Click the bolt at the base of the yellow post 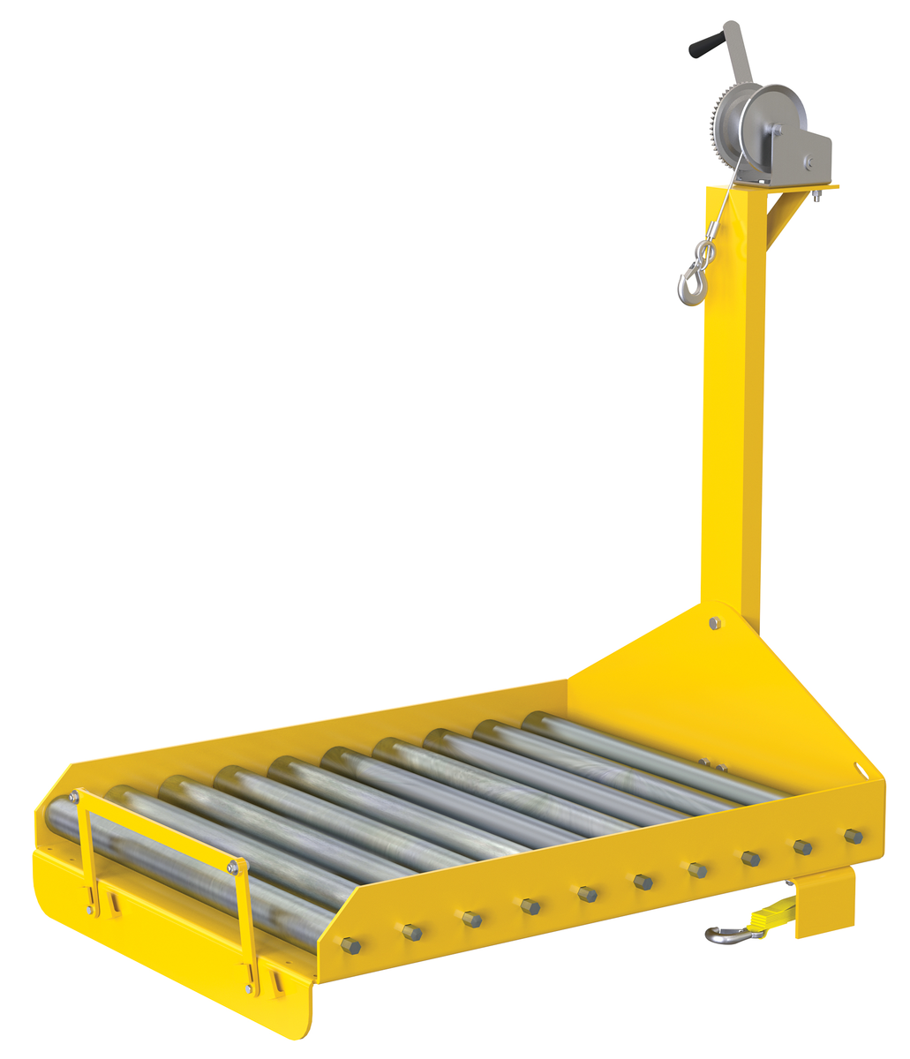coord(715,623)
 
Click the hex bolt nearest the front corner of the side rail coord(350,946)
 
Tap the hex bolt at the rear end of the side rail coord(853,835)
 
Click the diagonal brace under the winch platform coord(785,217)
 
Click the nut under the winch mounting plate coord(817,196)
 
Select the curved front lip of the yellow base coord(177,971)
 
